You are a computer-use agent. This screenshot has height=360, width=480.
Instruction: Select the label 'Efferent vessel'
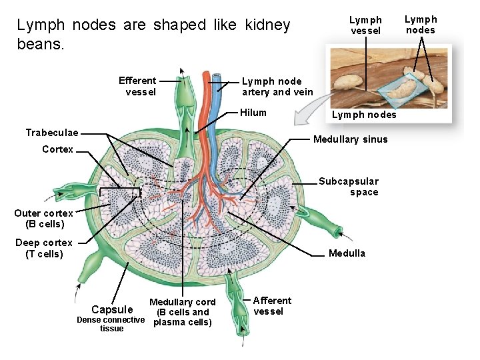138,86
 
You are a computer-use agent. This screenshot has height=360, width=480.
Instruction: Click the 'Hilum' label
253,113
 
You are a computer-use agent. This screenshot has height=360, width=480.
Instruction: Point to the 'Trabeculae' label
51,132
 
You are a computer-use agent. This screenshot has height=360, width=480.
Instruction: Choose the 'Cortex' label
57,149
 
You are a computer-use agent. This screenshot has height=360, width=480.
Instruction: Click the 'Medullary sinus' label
350,139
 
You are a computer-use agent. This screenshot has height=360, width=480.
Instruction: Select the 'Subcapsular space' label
348,187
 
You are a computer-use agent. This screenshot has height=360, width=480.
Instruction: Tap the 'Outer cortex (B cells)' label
43,219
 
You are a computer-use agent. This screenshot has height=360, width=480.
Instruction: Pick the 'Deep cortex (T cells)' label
44,248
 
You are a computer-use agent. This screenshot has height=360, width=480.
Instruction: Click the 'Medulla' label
347,253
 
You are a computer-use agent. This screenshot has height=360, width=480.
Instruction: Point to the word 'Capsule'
112,309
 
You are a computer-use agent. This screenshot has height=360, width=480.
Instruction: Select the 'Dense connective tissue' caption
111,324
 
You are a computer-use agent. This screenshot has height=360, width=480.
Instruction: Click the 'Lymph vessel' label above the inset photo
366,25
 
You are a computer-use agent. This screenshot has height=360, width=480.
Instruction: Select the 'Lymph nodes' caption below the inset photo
364,115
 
